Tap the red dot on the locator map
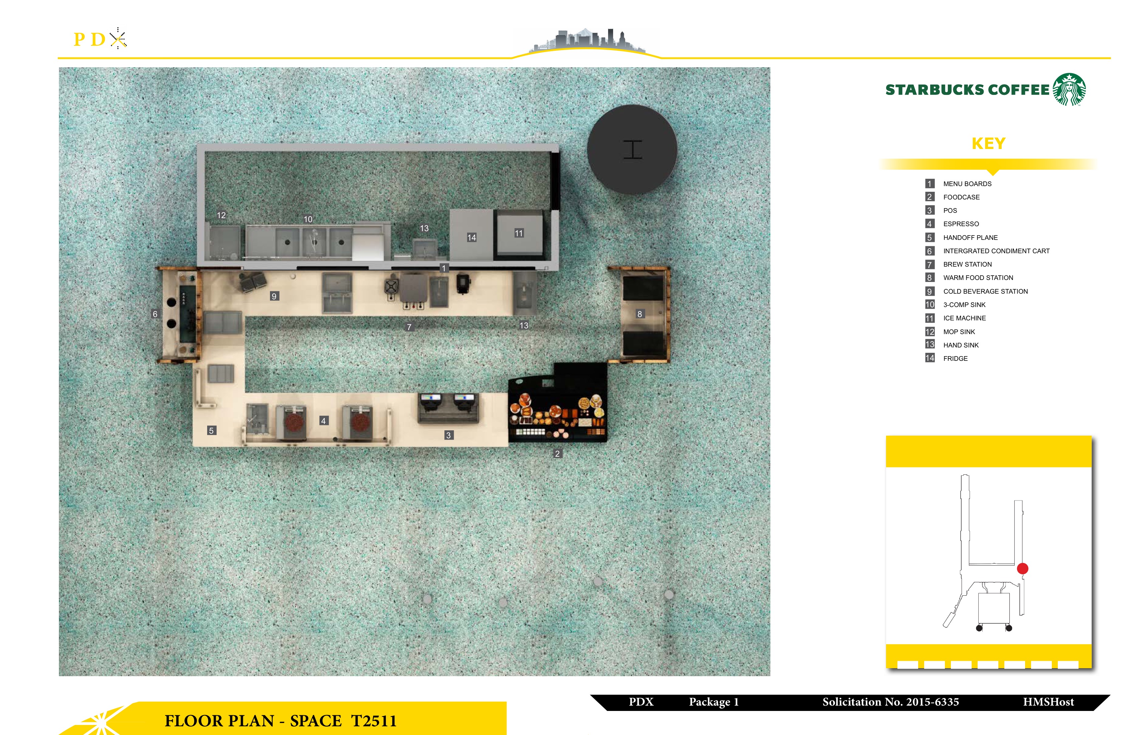point(1022,568)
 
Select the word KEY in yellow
point(989,143)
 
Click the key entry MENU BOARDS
point(967,184)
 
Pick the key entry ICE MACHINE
point(964,318)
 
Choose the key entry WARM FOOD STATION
point(978,278)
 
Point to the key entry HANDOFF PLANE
point(970,238)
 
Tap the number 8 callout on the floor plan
point(640,314)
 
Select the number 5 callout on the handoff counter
point(211,431)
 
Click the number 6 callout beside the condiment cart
point(155,314)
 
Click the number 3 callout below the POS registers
point(448,435)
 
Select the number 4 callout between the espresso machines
point(324,421)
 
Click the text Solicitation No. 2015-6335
point(891,702)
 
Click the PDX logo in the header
point(100,39)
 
